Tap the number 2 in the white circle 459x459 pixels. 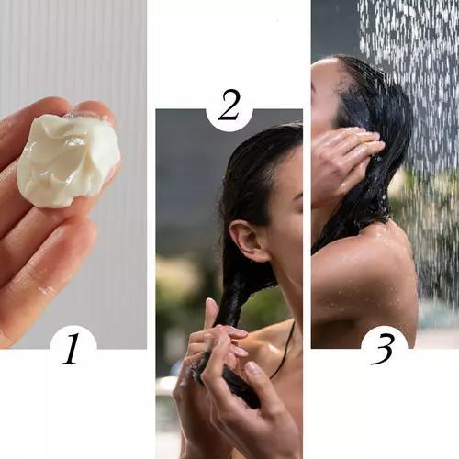(x=229, y=107)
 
